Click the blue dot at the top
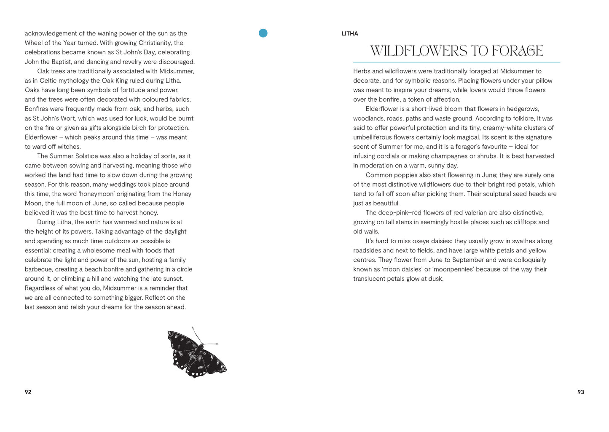(263, 33)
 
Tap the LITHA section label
(349, 34)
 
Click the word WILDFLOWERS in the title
(419, 51)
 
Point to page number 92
(28, 392)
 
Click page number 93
(581, 392)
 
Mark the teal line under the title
(456, 62)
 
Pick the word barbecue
(38, 269)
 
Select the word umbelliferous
(373, 137)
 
